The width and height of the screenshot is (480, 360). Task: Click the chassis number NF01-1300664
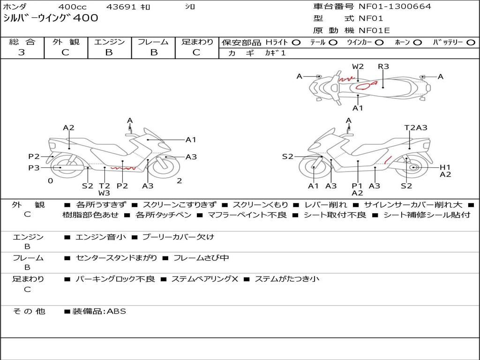395,6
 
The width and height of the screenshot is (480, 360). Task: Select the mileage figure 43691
121,7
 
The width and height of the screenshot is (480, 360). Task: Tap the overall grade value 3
22,52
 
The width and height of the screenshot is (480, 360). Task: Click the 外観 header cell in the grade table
66,42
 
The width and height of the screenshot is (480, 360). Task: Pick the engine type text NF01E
374,30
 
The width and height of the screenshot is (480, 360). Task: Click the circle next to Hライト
296,43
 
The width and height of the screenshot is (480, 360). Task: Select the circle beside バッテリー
471,43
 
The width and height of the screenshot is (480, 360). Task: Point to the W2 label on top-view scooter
358,67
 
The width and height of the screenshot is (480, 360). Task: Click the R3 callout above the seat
383,67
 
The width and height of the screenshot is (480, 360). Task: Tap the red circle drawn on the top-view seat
363,86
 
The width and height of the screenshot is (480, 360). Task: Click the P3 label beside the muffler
34,168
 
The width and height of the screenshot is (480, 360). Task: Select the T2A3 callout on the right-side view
416,127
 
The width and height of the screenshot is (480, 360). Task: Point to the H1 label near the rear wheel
445,167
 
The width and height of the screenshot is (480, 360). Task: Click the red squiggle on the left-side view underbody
123,168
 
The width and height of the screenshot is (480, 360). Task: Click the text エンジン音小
100,237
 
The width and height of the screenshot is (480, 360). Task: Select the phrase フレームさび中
201,258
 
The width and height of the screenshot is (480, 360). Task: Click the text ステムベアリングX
204,279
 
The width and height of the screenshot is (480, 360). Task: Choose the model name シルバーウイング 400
51,18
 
